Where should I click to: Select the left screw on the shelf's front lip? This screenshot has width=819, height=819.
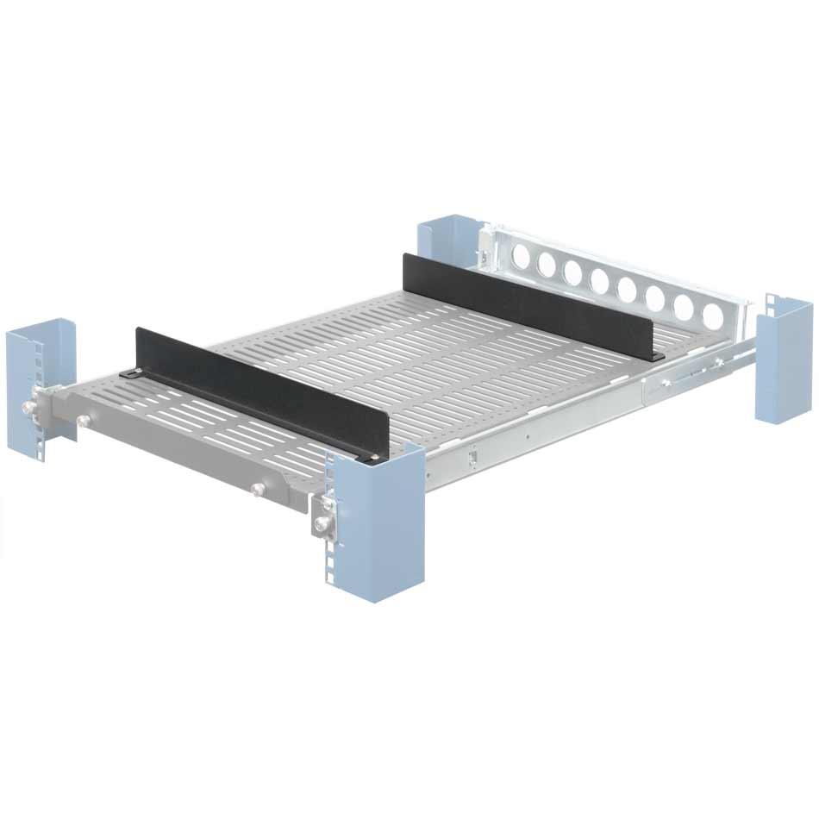pyautogui.click(x=84, y=421)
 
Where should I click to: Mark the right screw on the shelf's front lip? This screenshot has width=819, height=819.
pyautogui.click(x=256, y=490)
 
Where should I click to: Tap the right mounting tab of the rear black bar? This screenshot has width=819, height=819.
pyautogui.click(x=658, y=356)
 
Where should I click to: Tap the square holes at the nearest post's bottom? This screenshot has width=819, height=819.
pyautogui.click(x=330, y=573)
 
